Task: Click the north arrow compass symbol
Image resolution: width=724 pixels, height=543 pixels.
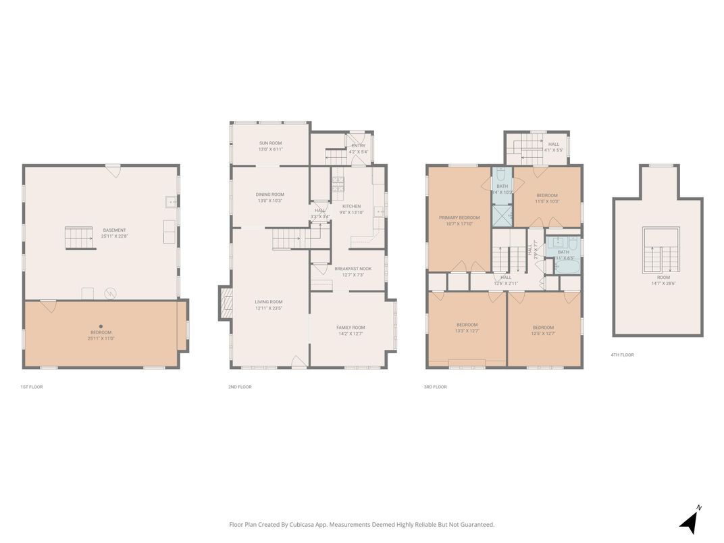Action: (x=689, y=521)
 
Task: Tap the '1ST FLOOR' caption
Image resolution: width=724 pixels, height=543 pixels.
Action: (x=32, y=387)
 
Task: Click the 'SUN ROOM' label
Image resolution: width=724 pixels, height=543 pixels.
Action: (x=270, y=143)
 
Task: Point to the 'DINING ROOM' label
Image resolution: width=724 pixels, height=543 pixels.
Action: (x=270, y=195)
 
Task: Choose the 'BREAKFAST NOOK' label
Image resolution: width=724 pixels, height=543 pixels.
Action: (x=353, y=269)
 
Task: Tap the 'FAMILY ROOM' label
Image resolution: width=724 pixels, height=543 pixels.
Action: (x=351, y=328)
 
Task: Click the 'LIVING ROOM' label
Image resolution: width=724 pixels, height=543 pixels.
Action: (x=268, y=302)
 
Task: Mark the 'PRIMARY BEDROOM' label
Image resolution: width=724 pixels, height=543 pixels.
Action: (x=459, y=217)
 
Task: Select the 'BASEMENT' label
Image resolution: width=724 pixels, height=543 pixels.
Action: (x=114, y=230)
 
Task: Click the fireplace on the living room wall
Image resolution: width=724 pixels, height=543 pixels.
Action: (x=224, y=303)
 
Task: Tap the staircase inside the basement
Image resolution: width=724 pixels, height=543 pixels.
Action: (x=79, y=238)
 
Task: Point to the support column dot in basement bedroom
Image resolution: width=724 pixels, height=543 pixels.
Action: (x=101, y=326)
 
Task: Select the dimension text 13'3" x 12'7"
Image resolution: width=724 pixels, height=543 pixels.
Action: (x=467, y=331)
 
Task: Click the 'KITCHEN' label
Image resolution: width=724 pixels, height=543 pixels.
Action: (x=351, y=206)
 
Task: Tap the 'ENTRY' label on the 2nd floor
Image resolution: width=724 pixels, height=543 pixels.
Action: (x=358, y=145)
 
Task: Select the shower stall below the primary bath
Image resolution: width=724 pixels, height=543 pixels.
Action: (x=502, y=215)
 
